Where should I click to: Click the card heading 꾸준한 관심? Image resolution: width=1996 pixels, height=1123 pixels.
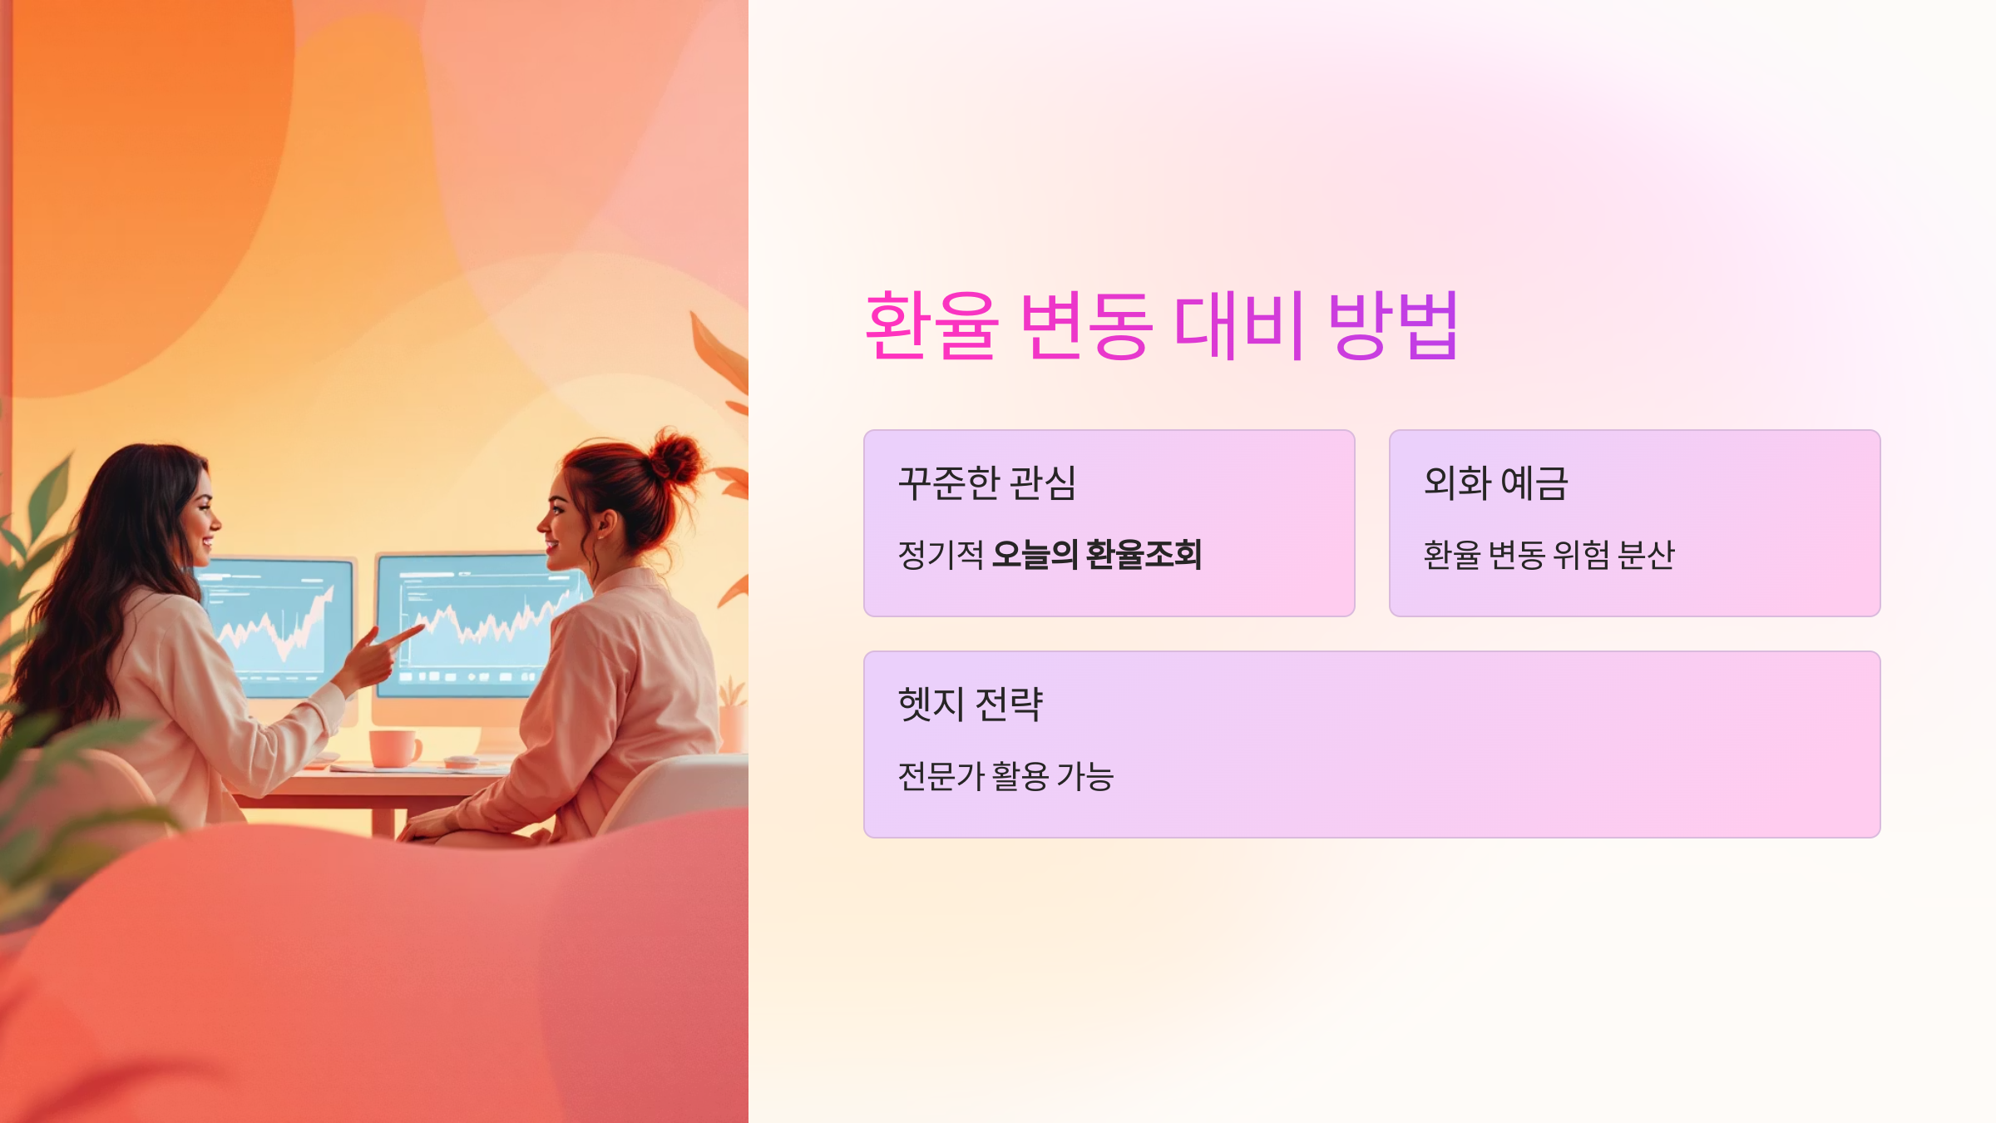click(987, 483)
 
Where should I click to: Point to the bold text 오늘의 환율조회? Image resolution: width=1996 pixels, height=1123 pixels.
click(1097, 555)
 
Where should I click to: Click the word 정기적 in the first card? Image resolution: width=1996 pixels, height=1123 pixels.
click(941, 555)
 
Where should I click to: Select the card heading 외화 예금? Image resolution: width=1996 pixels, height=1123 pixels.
click(1495, 483)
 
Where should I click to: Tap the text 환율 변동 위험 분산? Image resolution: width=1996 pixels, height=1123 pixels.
click(1549, 555)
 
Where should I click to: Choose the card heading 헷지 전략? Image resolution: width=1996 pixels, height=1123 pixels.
click(970, 705)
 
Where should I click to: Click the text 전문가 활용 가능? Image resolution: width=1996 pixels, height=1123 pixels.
click(1005, 776)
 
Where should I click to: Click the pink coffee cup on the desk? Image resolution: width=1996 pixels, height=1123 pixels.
click(393, 748)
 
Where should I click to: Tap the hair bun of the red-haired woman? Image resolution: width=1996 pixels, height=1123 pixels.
click(675, 457)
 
